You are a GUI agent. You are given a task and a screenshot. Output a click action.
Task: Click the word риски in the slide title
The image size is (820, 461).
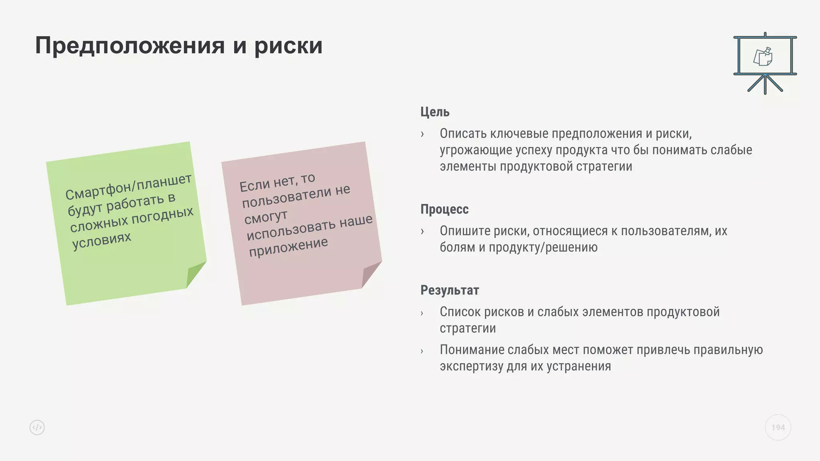click(x=288, y=46)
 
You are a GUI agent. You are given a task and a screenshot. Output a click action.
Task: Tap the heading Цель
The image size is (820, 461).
click(x=435, y=112)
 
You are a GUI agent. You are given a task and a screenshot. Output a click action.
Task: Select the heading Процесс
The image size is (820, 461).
click(x=444, y=209)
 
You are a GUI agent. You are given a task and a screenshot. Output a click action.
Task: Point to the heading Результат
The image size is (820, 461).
click(x=450, y=290)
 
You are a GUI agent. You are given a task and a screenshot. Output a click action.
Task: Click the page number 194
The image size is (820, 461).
click(x=778, y=427)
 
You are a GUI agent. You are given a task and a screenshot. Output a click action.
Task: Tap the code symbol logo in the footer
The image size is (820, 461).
click(x=37, y=427)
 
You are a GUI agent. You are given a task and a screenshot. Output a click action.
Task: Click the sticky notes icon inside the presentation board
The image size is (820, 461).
click(x=763, y=57)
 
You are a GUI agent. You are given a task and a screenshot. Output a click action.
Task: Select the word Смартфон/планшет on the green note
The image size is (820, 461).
click(x=129, y=187)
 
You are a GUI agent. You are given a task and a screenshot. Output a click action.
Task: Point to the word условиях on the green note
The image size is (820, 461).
click(x=102, y=241)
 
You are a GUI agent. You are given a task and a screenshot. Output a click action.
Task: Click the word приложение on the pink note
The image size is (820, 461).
click(x=288, y=247)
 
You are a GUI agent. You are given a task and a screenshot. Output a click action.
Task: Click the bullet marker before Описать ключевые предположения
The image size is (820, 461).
click(x=422, y=134)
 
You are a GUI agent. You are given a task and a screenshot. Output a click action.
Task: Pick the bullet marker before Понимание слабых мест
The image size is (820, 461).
click(x=422, y=351)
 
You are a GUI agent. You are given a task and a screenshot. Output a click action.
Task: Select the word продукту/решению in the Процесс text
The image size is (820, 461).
click(x=543, y=247)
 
